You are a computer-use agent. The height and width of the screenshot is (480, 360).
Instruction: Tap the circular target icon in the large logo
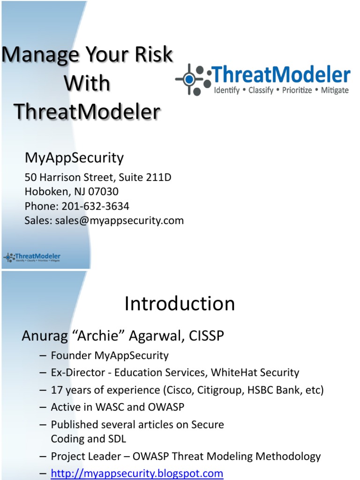(x=189, y=79)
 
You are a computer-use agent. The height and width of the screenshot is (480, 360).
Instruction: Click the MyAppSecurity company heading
(x=74, y=158)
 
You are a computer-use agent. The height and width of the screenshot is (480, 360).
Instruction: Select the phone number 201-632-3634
(x=95, y=206)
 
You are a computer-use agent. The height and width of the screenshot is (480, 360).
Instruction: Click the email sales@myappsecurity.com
(x=119, y=220)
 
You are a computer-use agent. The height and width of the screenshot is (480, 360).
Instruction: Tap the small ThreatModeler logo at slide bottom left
(x=32, y=257)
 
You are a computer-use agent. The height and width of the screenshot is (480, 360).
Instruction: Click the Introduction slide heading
(x=180, y=304)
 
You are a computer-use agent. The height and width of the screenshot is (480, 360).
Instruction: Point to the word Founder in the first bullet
(x=71, y=356)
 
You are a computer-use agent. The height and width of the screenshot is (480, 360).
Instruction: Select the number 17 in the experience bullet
(x=57, y=390)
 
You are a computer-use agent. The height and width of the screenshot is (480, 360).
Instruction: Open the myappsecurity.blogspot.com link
(x=137, y=473)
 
